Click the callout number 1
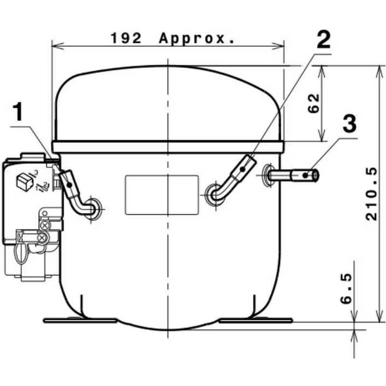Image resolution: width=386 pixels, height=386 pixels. (x=18, y=112)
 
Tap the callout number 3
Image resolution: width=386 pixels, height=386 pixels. (x=349, y=124)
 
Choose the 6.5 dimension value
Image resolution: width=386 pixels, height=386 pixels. (x=346, y=288)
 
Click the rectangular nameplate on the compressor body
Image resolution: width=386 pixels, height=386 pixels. (x=162, y=195)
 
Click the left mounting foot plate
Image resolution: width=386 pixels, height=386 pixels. (x=80, y=320)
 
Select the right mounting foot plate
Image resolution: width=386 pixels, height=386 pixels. (x=255, y=320)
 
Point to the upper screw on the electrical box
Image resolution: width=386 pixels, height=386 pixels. (x=45, y=225)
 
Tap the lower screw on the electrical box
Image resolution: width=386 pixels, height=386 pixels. (x=42, y=237)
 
